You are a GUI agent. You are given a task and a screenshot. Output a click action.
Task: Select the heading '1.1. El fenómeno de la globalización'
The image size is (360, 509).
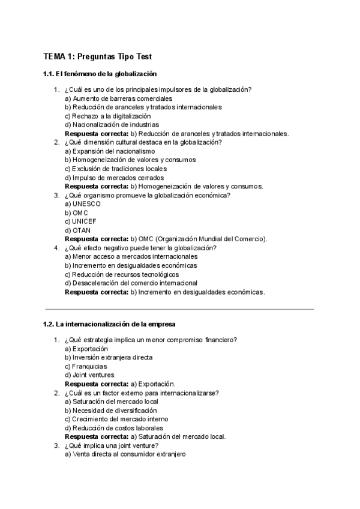[100, 74]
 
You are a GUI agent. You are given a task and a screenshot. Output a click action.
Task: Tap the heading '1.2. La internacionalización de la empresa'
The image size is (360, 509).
[109, 324]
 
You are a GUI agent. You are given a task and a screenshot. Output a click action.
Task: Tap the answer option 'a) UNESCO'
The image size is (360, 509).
[83, 204]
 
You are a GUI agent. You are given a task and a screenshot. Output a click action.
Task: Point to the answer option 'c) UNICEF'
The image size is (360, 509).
[80, 221]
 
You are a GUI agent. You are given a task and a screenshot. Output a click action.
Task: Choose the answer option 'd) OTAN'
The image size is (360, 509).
[77, 230]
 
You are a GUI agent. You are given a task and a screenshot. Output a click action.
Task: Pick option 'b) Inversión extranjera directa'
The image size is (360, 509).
[109, 357]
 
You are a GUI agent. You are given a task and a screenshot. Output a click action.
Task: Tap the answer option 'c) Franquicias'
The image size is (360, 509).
[86, 366]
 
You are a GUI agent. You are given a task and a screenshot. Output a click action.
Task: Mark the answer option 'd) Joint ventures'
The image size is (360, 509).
[89, 375]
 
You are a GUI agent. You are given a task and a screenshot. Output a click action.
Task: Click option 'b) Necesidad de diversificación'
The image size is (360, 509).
[111, 411]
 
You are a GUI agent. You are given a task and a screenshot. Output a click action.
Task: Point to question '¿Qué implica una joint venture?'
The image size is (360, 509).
[110, 445]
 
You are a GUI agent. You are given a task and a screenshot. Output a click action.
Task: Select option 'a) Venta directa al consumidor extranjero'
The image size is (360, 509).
[125, 454]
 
